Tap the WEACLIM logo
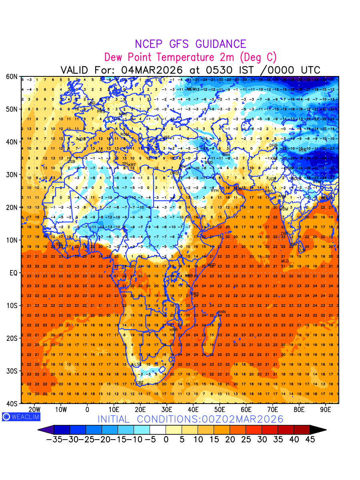coord(21,416)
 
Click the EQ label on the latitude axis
coord(13,273)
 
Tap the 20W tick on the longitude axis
coord(34,410)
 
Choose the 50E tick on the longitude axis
coord(220,410)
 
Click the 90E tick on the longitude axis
coord(326,410)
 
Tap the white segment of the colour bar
coord(158,430)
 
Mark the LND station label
coord(92,103)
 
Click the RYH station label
coord(215,191)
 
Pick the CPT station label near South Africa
coord(140,383)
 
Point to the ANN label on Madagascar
coord(221,312)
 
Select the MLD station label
coord(285,261)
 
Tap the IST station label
coord(167,138)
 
